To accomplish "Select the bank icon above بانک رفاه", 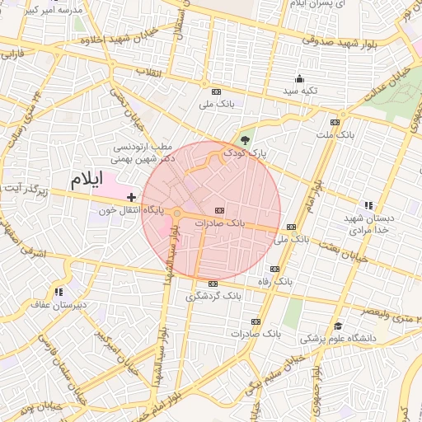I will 274,270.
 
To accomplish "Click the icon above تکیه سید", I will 298,80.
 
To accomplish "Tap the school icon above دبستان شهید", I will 368,205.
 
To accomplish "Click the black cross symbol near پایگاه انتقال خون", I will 131,198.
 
